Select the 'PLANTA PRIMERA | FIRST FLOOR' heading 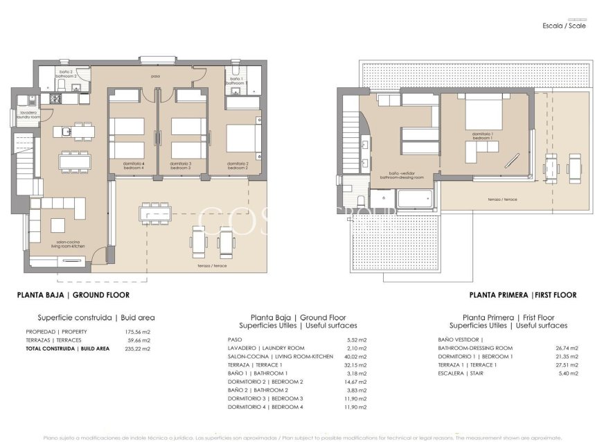click(x=523, y=294)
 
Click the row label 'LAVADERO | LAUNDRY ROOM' click(x=266, y=348)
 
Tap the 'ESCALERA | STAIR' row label click(x=462, y=373)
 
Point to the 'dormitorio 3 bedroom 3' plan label click(x=180, y=166)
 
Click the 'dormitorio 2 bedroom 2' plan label click(x=238, y=166)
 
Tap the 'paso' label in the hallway click(x=156, y=76)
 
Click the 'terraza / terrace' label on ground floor click(x=211, y=265)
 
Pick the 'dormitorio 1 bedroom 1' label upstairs click(x=483, y=136)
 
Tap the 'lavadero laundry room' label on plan click(x=30, y=115)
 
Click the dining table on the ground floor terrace click(x=154, y=213)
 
